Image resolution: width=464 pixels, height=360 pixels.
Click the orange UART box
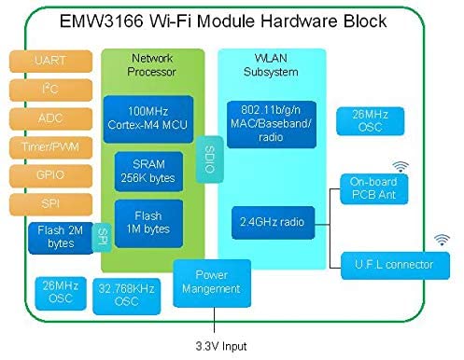[49, 61]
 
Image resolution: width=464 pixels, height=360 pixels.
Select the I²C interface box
[49, 90]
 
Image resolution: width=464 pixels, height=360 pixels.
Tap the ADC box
[49, 118]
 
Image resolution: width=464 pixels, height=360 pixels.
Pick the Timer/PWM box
[49, 147]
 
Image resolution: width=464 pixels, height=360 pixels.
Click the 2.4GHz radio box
[271, 222]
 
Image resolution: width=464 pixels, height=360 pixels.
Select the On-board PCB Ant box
[373, 189]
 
